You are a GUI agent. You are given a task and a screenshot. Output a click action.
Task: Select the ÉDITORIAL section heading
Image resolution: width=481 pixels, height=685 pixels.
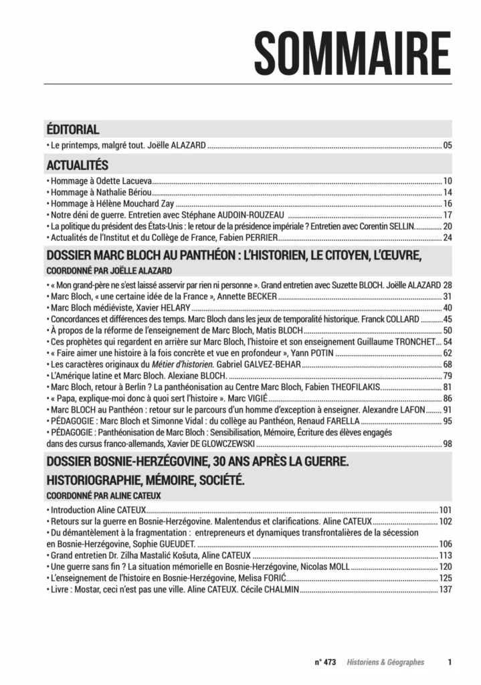point(73,129)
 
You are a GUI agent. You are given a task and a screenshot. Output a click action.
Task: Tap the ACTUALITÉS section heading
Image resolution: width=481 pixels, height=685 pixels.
point(76,165)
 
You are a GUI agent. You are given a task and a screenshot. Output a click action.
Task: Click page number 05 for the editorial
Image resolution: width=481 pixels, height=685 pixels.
point(448,145)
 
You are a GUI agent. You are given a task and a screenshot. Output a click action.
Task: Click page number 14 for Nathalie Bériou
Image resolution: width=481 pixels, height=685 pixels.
point(448,193)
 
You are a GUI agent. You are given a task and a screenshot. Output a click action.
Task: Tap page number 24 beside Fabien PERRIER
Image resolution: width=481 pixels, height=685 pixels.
point(448,237)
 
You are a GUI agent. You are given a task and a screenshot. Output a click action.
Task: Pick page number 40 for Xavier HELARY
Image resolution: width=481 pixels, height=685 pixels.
point(448,308)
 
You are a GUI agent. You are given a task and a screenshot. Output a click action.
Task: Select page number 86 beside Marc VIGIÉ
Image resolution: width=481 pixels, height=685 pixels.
point(448,399)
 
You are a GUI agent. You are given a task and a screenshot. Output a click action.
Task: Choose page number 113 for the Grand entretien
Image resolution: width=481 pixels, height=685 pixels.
point(446,555)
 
